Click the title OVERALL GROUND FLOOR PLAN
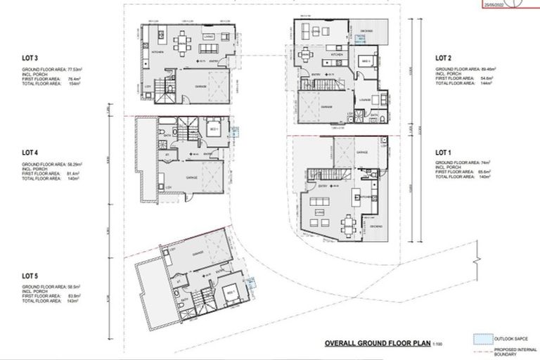coord(365,344)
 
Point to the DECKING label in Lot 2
coord(366,31)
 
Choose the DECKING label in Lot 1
coord(375,226)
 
